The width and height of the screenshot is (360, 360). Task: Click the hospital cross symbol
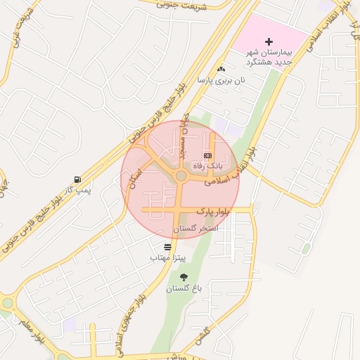pos(269,43)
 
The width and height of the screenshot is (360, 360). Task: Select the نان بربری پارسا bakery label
pos(221,81)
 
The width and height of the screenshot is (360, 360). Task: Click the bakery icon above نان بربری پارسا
pos(221,69)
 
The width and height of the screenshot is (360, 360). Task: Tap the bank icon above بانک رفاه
pos(207,155)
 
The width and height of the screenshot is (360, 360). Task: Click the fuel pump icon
pos(77,179)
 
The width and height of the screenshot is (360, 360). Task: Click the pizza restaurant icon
pos(167,247)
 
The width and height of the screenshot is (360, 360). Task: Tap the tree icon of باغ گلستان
pos(184,278)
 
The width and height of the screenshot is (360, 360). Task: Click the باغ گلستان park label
pos(184,289)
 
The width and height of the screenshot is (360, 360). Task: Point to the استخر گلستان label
pos(195,229)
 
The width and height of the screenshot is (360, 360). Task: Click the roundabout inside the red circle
pos(181,175)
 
